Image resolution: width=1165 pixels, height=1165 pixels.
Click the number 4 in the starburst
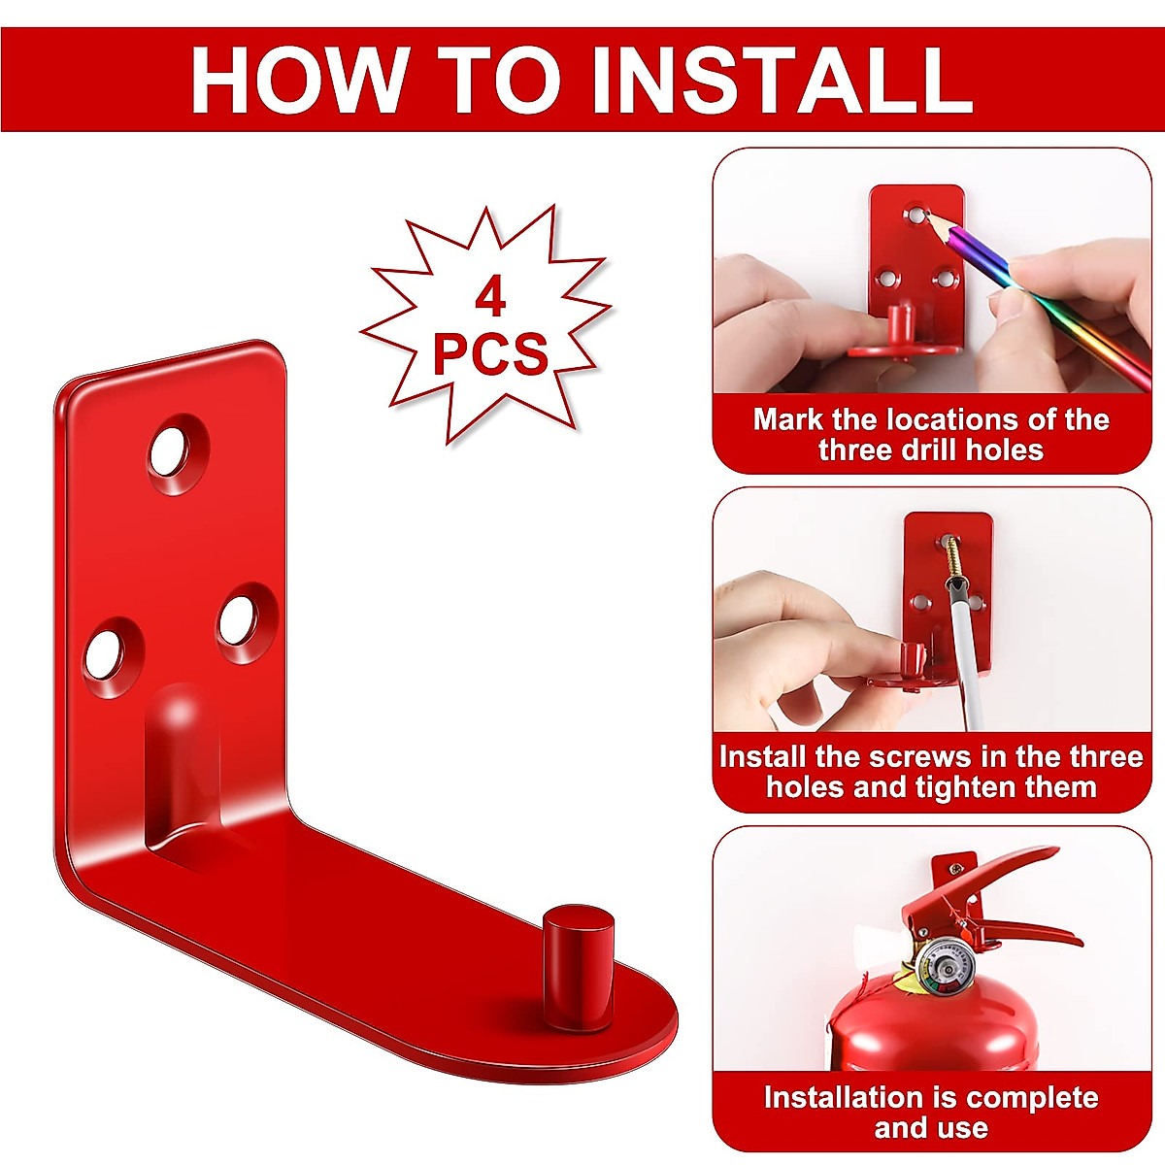pos(490,296)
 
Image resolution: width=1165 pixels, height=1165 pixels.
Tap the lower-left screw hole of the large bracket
pos(111,654)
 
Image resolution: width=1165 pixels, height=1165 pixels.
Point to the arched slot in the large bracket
pos(182,767)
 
